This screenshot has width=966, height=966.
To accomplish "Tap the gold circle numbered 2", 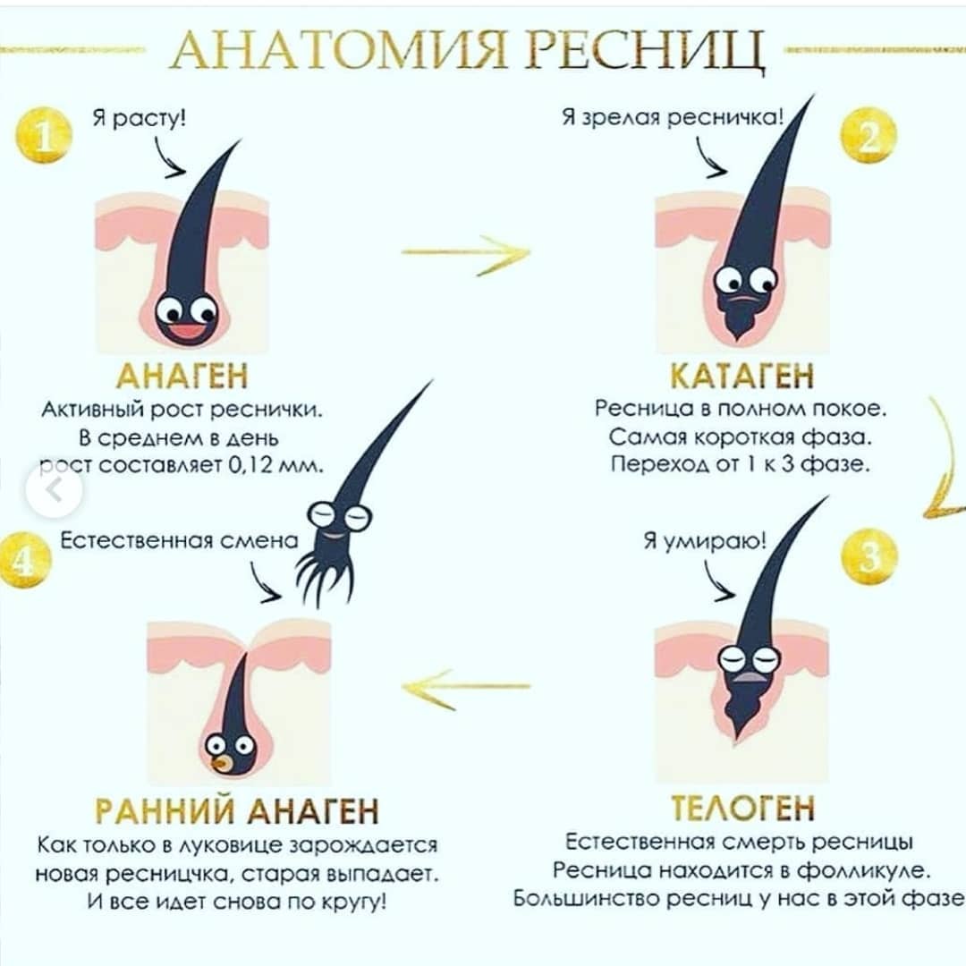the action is point(869,135).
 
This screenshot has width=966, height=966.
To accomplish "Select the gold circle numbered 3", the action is point(869,556).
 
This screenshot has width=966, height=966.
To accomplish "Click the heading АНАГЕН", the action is point(182,376).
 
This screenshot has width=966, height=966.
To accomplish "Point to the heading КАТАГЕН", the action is point(742,376).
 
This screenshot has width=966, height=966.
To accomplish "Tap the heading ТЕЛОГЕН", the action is point(742,808).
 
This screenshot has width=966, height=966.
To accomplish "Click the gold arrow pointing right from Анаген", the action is point(466,253).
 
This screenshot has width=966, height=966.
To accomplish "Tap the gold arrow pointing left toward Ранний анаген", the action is point(466,686).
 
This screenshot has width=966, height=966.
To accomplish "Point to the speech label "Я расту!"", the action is point(140,117).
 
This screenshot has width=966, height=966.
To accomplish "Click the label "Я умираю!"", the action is point(706,540).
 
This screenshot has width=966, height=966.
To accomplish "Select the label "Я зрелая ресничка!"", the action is point(673,116).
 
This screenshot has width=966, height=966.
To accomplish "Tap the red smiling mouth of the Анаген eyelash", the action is point(187,332).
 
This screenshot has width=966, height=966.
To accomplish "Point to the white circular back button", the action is point(55,490).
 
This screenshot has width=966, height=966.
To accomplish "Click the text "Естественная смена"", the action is point(179,540).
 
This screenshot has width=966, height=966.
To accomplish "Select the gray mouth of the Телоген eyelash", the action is point(749,677).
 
